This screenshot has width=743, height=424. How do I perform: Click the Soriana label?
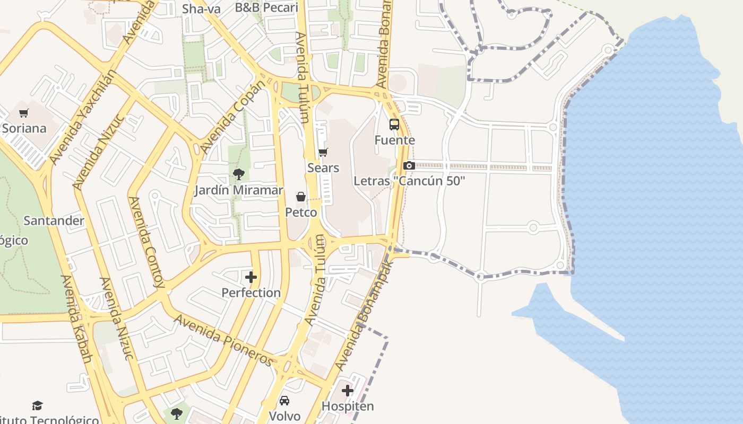24,128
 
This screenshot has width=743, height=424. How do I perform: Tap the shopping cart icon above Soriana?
23,113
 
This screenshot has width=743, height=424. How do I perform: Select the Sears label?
323,168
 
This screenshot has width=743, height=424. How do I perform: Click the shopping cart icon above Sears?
323,153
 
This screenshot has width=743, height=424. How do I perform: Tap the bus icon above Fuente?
394,125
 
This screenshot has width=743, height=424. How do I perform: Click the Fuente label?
394,140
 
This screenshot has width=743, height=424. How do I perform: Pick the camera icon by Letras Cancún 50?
409,165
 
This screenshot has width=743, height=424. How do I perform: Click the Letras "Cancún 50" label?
409,181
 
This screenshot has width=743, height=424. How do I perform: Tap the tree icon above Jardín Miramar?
238,174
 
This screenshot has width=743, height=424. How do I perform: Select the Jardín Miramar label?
238,190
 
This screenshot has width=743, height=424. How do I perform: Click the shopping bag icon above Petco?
301,197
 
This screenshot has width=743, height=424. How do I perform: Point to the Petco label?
301,213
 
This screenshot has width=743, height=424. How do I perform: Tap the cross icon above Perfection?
251,277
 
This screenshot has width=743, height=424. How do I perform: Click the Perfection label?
251,293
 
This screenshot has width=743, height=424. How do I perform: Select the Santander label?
54,220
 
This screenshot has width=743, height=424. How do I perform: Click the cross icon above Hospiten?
348,391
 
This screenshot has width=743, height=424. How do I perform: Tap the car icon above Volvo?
284,401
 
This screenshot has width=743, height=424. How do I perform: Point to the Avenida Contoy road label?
146,242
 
